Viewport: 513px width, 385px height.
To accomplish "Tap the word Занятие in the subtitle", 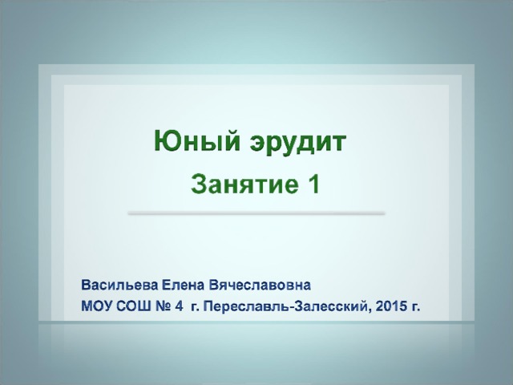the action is pyautogui.click(x=244, y=184).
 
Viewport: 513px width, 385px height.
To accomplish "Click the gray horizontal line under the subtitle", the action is pyautogui.click(x=256, y=213).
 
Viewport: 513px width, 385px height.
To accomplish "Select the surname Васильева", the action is pyautogui.click(x=119, y=286).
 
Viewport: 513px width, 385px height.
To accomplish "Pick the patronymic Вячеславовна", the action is pyautogui.click(x=260, y=286).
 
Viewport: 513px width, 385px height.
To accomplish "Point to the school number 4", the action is pyautogui.click(x=179, y=306).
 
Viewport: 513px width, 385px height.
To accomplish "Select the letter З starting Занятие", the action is pyautogui.click(x=198, y=184).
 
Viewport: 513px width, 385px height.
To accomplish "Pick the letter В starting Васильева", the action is pyautogui.click(x=85, y=286).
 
